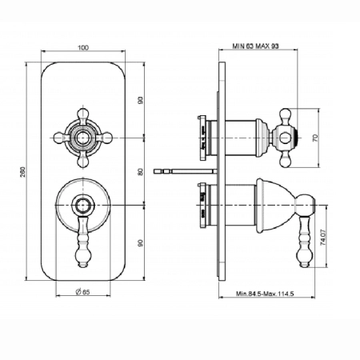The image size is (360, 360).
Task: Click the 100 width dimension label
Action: pyautogui.click(x=83, y=48)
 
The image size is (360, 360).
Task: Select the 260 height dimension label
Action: pyautogui.click(x=23, y=171)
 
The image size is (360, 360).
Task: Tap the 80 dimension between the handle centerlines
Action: pyautogui.click(x=140, y=172)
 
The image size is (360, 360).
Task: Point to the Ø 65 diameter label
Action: pyautogui.click(x=82, y=292)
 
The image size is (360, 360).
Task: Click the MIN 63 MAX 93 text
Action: pyautogui.click(x=255, y=46)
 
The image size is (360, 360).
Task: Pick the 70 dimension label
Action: pyautogui.click(x=315, y=138)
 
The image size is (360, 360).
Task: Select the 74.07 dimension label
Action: pyautogui.click(x=322, y=237)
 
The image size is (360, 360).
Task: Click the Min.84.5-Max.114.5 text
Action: pyautogui.click(x=265, y=294)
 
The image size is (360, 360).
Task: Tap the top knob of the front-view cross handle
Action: pyautogui.click(x=83, y=113)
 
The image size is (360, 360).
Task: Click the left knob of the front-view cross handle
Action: pyautogui.click(x=59, y=138)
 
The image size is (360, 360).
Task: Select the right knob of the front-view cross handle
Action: pyautogui.click(x=107, y=138)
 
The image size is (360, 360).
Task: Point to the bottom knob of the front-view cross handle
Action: pyautogui.click(x=83, y=162)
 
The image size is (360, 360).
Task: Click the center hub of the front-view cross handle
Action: pyautogui.click(x=83, y=138)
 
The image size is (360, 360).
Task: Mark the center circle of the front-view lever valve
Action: pyautogui.click(x=83, y=205)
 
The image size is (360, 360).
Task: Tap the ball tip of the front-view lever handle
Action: pyautogui.click(x=83, y=256)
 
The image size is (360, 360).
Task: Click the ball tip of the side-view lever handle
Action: pyautogui.click(x=304, y=256)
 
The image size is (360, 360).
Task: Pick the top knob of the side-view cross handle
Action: pyautogui.click(x=285, y=114)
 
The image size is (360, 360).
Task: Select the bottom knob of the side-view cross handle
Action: pyautogui.click(x=285, y=162)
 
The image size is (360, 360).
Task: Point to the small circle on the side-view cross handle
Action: pyautogui.click(x=284, y=138)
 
